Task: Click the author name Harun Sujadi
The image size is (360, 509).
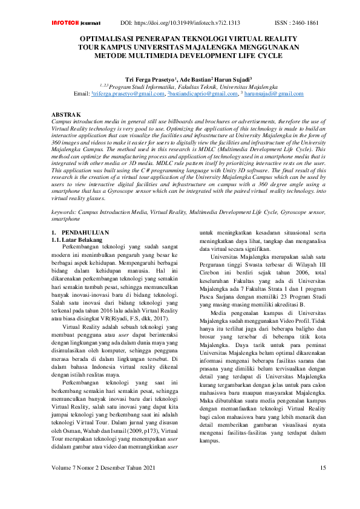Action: [224, 79]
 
